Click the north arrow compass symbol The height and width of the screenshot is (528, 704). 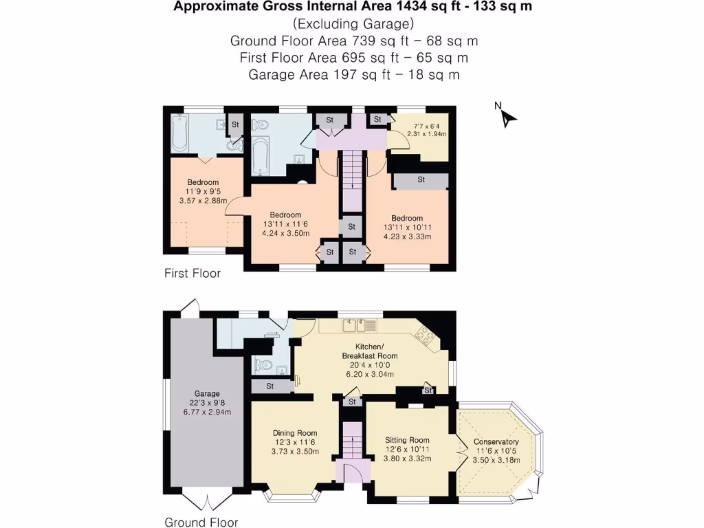[x=507, y=117]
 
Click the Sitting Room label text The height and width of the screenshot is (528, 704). [x=408, y=440]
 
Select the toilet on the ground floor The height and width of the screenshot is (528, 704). [x=263, y=364]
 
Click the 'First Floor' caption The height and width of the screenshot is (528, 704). [x=192, y=274]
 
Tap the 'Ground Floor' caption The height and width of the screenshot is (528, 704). [x=201, y=522]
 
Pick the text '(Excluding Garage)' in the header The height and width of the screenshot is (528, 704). [x=352, y=24]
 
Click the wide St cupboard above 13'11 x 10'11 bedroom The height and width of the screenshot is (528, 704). [x=421, y=180]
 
